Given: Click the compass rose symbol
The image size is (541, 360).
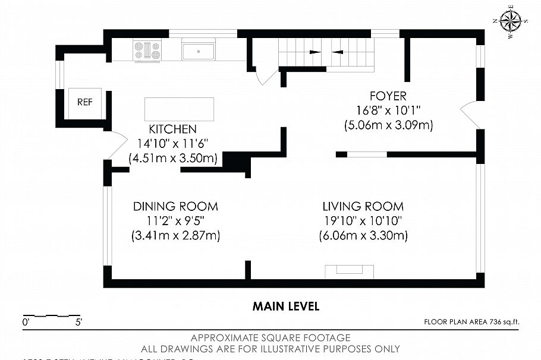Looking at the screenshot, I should [x=511, y=21].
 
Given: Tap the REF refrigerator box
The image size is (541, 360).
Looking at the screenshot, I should [x=85, y=102].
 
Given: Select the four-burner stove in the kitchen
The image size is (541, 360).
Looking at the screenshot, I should [x=147, y=50].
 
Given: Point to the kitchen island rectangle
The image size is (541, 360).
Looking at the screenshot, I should [x=179, y=109].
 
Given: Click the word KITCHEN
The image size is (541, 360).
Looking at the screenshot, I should [x=172, y=130].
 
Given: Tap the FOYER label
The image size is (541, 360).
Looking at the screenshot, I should [x=388, y=96].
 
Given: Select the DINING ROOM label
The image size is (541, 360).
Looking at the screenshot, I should [x=175, y=207].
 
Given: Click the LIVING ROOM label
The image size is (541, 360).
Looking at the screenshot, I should [x=363, y=207].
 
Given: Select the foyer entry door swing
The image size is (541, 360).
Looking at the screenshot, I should [x=470, y=113].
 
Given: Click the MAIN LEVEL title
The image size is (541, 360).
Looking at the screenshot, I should [x=286, y=307].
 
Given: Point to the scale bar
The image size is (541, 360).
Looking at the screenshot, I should [x=51, y=315].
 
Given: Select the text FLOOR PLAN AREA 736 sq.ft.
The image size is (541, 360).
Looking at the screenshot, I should [x=471, y=322].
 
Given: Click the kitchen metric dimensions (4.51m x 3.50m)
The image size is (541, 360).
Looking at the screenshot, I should [x=173, y=159].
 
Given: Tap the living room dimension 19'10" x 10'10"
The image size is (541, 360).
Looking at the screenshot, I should [x=363, y=221].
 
